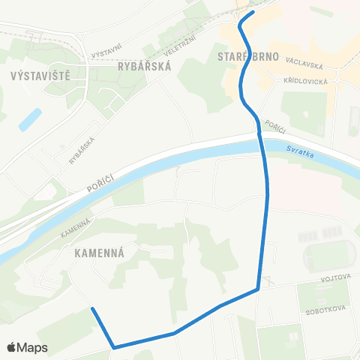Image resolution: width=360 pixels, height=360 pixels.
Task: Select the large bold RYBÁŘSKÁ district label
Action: click(145, 66)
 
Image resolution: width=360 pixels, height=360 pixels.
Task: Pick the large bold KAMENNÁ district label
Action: click(104, 253)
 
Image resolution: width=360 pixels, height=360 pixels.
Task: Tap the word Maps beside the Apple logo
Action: click(33, 347)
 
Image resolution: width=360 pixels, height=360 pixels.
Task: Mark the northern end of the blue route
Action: click(253, 12)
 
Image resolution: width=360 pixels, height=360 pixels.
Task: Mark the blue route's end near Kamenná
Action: click(92, 309)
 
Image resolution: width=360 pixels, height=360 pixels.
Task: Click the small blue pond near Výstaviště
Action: click(30, 118)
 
